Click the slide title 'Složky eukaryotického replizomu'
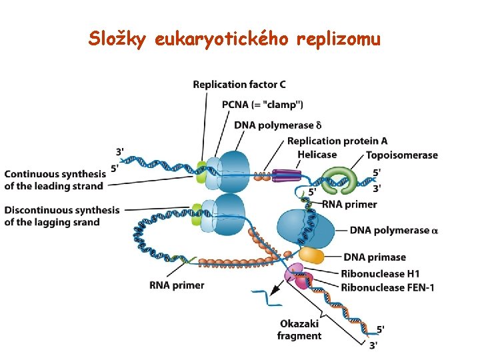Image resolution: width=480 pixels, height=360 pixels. coord(234,40)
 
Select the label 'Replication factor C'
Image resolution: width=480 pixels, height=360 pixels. coord(239,84)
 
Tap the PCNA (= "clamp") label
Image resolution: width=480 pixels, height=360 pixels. coord(263,104)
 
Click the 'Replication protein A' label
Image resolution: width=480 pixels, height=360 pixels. coord(337,141)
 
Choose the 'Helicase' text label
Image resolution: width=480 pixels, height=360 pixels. coord(317,155)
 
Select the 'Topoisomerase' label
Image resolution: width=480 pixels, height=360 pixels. coord(402,155)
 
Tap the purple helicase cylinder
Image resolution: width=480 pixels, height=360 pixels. coord(286,175)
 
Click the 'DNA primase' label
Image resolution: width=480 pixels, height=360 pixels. coord(375,257)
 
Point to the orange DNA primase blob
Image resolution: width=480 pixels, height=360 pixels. coord(311,255)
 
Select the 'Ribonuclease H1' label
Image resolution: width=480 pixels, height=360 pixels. coord(380,274)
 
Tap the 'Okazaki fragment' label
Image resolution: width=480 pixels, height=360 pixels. coord(299,330)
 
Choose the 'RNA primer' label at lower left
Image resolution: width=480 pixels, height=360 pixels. coord(177,285)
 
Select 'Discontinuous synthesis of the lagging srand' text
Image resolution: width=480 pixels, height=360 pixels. coord(62,216)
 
